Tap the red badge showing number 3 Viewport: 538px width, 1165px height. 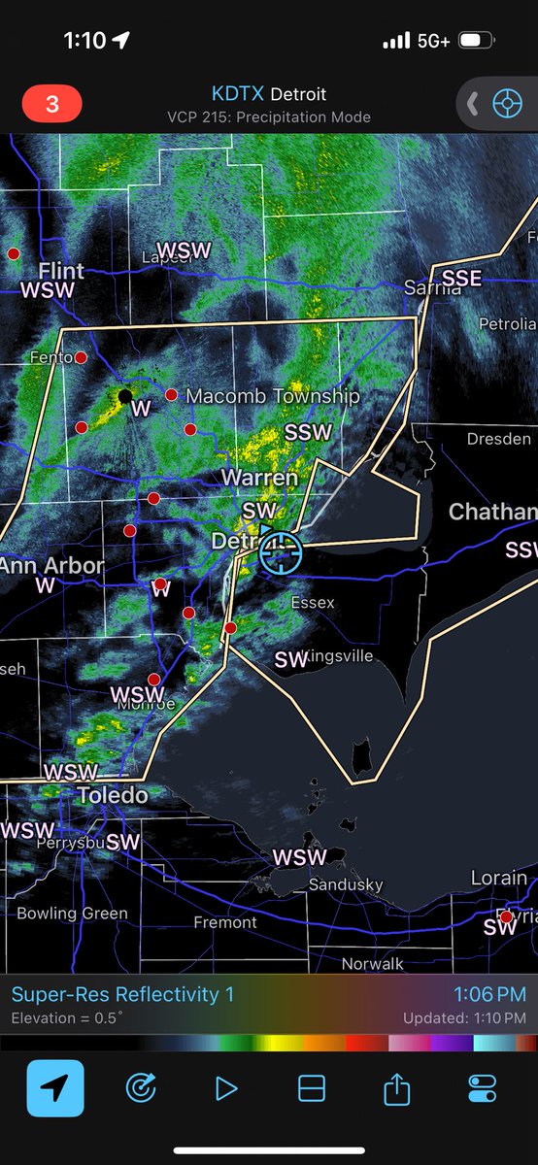pyautogui.click(x=51, y=103)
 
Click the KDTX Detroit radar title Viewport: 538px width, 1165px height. pyautogui.click(x=269, y=94)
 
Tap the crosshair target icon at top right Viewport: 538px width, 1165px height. pyautogui.click(x=507, y=103)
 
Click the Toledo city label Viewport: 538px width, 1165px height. pyautogui.click(x=113, y=795)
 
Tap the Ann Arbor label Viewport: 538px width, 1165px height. pyautogui.click(x=51, y=565)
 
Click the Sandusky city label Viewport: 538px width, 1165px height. pyautogui.click(x=345, y=884)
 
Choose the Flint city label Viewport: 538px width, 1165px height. pyautogui.click(x=60, y=270)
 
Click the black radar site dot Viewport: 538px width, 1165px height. pyautogui.click(x=124, y=395)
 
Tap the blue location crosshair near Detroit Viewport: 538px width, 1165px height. pyautogui.click(x=281, y=552)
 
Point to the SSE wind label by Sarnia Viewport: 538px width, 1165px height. pyautogui.click(x=461, y=279)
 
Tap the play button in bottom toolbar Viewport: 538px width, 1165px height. pyautogui.click(x=226, y=1088)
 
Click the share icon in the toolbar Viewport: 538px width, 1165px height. pyautogui.click(x=396, y=1089)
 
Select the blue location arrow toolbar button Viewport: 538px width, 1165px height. pyautogui.click(x=55, y=1088)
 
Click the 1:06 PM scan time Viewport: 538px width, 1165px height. pyautogui.click(x=489, y=994)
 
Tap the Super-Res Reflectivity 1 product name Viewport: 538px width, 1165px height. pyautogui.click(x=122, y=994)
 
